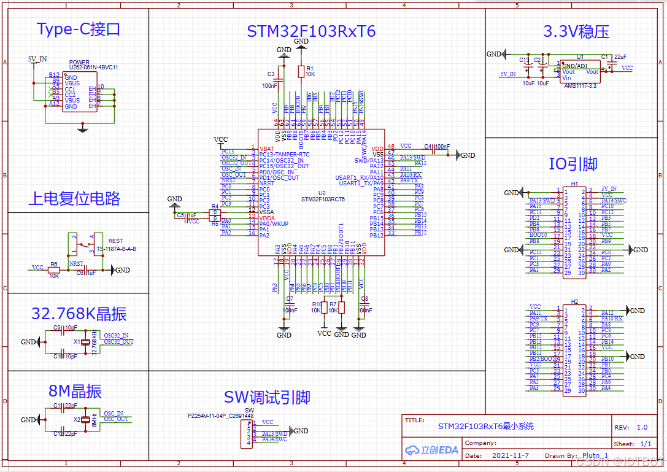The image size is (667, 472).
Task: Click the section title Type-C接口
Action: coord(78,29)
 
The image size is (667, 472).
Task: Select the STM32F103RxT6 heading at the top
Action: coord(311,31)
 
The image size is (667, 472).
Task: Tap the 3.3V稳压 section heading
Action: coord(576,31)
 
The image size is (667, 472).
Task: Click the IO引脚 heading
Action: coord(573,164)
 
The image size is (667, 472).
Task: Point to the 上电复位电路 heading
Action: coord(74,199)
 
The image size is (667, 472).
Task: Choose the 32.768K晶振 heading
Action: coord(79,314)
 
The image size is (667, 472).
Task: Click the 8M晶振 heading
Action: coord(75,392)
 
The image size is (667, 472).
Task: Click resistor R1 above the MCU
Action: coord(301,72)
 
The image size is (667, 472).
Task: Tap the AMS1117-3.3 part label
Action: coord(580,85)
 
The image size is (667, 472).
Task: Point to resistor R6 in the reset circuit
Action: coord(54,269)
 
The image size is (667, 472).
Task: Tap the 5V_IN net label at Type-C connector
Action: coord(37,59)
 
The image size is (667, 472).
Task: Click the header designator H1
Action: coord(574,184)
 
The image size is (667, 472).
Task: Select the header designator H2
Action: coord(574,302)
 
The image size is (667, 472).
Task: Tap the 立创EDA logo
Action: coord(431,450)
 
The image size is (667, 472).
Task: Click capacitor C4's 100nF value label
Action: coord(442,147)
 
